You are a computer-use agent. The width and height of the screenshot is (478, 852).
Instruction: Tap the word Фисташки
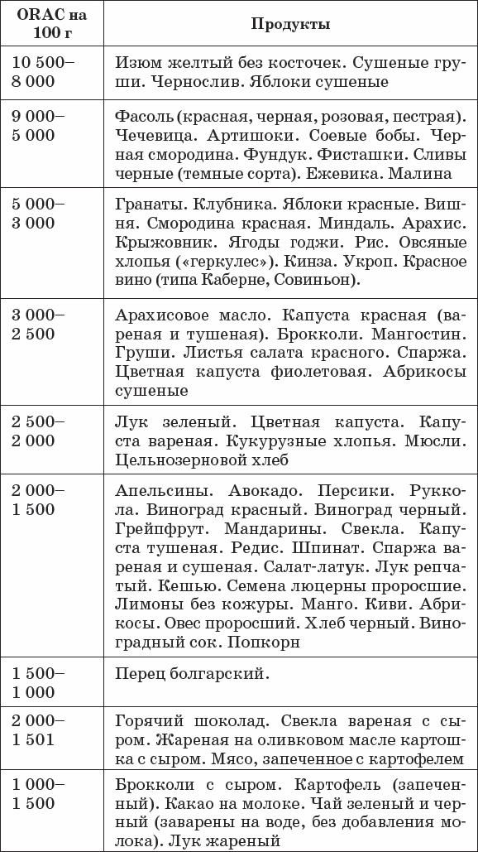tap(375, 155)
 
